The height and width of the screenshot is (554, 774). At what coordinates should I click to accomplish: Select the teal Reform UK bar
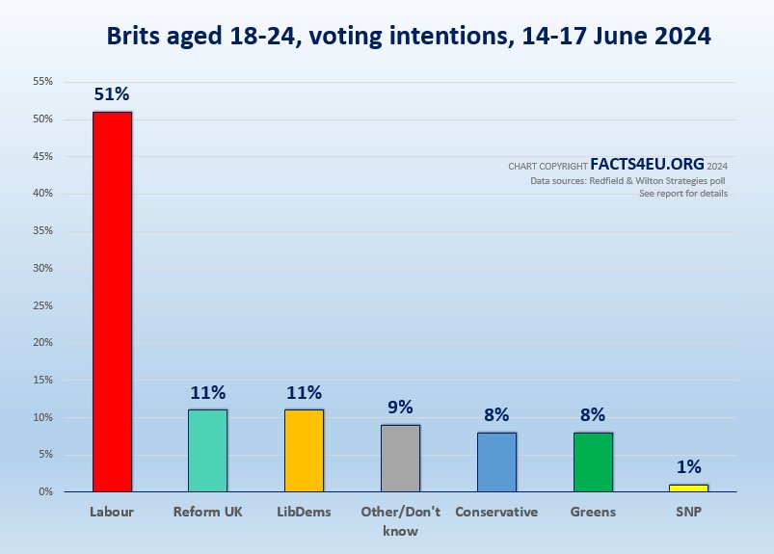click(207, 450)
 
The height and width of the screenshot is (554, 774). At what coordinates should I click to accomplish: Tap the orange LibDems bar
click(304, 450)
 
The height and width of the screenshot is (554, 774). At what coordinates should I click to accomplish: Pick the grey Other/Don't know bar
click(400, 458)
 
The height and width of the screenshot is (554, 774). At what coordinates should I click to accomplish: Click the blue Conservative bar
click(496, 462)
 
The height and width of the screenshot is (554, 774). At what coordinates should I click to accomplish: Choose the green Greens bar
click(593, 462)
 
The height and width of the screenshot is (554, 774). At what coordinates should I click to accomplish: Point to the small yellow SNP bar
click(688, 488)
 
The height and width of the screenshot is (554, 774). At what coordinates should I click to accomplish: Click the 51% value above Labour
click(112, 94)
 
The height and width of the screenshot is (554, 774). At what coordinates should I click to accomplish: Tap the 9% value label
click(400, 407)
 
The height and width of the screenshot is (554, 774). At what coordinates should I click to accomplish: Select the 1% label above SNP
click(688, 466)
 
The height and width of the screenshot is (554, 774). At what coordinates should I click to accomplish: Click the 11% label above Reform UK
click(207, 392)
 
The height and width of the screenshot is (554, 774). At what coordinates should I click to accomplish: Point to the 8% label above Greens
click(593, 415)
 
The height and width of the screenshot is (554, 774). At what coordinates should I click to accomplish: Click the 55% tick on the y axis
click(41, 82)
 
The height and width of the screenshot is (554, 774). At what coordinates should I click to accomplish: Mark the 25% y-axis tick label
click(41, 305)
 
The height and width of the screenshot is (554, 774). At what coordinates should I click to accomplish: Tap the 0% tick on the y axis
click(44, 492)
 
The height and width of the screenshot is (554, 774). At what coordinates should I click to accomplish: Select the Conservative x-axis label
click(496, 512)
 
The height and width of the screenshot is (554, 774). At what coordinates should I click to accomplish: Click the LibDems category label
click(304, 512)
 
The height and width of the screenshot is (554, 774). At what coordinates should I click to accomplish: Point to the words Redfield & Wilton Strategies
click(655, 180)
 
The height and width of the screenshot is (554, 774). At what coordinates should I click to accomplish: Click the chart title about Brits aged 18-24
click(409, 37)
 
